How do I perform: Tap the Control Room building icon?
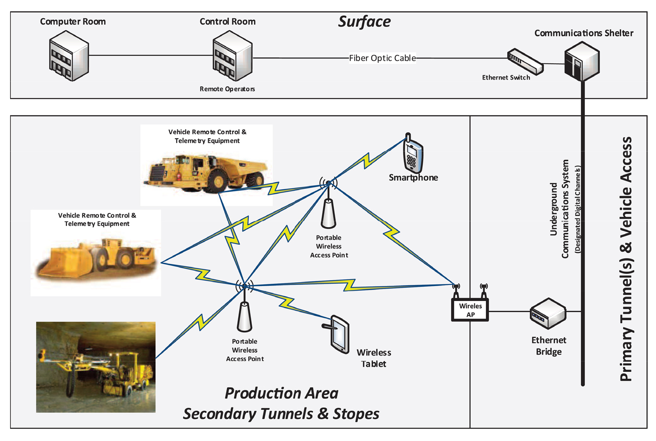(232, 57)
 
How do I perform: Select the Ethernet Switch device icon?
(525, 62)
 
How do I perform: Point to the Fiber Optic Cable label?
(382, 58)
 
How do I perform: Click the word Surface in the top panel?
(364, 22)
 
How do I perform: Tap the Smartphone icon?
(413, 154)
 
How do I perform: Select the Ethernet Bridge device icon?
(548, 313)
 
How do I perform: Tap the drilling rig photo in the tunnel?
(96, 367)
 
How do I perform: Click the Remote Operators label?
(227, 89)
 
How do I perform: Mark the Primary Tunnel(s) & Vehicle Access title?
(626, 258)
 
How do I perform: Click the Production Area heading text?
(281, 393)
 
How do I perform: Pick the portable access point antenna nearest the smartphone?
(329, 210)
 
